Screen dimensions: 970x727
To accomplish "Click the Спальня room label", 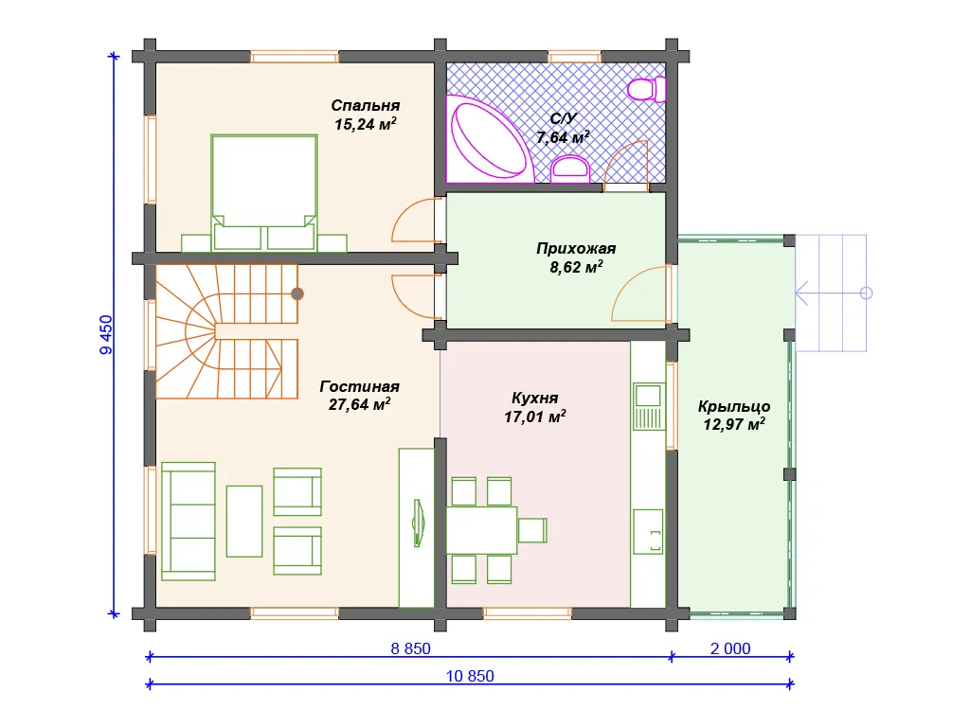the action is coord(366,106).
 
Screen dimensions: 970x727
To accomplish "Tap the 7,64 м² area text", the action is coord(563,136).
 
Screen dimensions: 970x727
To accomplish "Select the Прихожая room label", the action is coord(576,249).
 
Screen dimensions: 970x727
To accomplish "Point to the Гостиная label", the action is coord(359,386).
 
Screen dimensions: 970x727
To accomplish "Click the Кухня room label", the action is coord(535,399).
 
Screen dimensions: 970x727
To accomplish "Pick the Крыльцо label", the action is coord(734,406).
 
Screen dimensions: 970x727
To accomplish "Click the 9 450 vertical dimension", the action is coord(106,334).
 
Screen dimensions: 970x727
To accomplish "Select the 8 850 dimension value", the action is coord(411,648).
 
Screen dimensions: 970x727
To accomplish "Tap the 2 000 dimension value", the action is coord(730,648).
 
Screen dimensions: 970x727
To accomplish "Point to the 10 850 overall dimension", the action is coord(470,676).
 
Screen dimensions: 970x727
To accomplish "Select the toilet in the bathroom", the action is coord(646,89).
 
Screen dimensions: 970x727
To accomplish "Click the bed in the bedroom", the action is coord(264,193).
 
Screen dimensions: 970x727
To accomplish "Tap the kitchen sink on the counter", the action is coord(649,406).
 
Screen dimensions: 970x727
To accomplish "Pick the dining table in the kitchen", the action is coord(481,530).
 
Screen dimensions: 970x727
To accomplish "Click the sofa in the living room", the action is coord(189,522).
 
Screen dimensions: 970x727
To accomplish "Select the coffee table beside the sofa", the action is coord(244,522).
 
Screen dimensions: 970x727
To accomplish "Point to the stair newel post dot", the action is coord(297,293).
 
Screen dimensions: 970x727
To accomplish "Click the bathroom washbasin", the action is coord(569,168).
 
